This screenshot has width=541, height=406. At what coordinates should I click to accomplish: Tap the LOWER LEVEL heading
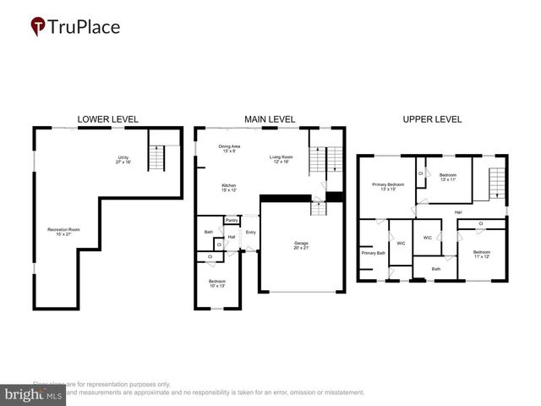pyautogui.click(x=107, y=119)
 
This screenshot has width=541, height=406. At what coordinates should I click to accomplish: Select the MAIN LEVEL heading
pyautogui.click(x=270, y=119)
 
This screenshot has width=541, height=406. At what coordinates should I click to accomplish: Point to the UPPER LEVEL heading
pyautogui.click(x=432, y=119)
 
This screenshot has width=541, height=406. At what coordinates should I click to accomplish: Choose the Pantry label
pyautogui.click(x=231, y=221)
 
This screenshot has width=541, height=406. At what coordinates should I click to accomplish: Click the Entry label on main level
pyautogui.click(x=251, y=232)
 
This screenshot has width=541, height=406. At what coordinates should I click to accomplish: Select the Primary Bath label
pyautogui.click(x=374, y=253)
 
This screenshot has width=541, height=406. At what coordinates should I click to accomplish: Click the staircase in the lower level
pyautogui.click(x=157, y=156)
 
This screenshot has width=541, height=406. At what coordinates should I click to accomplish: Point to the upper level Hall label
pyautogui.click(x=457, y=211)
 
